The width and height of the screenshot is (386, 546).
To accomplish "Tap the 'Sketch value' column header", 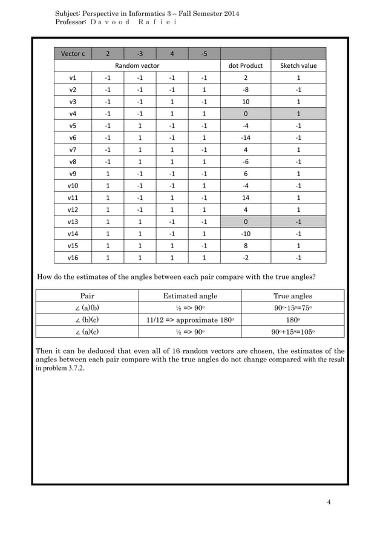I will [x=298, y=65].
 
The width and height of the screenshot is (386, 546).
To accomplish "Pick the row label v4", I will [x=73, y=113].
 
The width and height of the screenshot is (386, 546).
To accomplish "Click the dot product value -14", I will [x=246, y=137].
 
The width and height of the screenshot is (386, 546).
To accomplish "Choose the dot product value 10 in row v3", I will [x=246, y=101].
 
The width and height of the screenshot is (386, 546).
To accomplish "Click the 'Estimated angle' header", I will [x=190, y=296].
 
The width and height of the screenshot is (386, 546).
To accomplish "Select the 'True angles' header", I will [x=293, y=296].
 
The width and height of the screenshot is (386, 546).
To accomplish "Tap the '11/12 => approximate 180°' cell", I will [x=190, y=320].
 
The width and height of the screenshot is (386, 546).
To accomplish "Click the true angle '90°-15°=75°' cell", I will [x=293, y=308].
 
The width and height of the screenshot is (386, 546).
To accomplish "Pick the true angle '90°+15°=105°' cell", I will [x=293, y=332].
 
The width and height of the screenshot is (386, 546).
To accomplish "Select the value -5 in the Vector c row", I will [x=203, y=53].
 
